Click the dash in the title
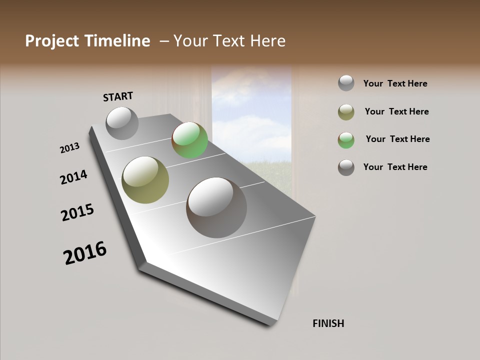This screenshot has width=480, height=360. click(x=164, y=41)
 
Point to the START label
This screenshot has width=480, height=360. click(x=118, y=96)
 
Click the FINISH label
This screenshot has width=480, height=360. click(x=328, y=323)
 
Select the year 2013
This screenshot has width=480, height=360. click(x=69, y=148)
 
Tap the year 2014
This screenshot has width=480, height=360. click(x=73, y=177)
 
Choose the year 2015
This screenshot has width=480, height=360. click(x=77, y=212)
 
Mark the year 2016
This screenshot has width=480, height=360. click(x=85, y=253)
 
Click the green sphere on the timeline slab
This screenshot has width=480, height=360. click(x=189, y=140)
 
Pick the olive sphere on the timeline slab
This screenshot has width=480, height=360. click(x=145, y=180)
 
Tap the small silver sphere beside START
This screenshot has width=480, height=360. click(x=122, y=123)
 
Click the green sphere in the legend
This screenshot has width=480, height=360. click(x=346, y=140)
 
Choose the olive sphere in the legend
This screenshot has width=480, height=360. click(x=346, y=112)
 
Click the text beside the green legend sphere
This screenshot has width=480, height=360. click(x=397, y=139)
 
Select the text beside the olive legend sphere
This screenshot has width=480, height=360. click(x=396, y=111)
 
